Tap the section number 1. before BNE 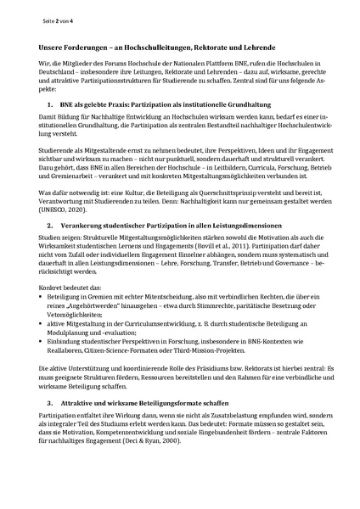click(50, 103)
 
